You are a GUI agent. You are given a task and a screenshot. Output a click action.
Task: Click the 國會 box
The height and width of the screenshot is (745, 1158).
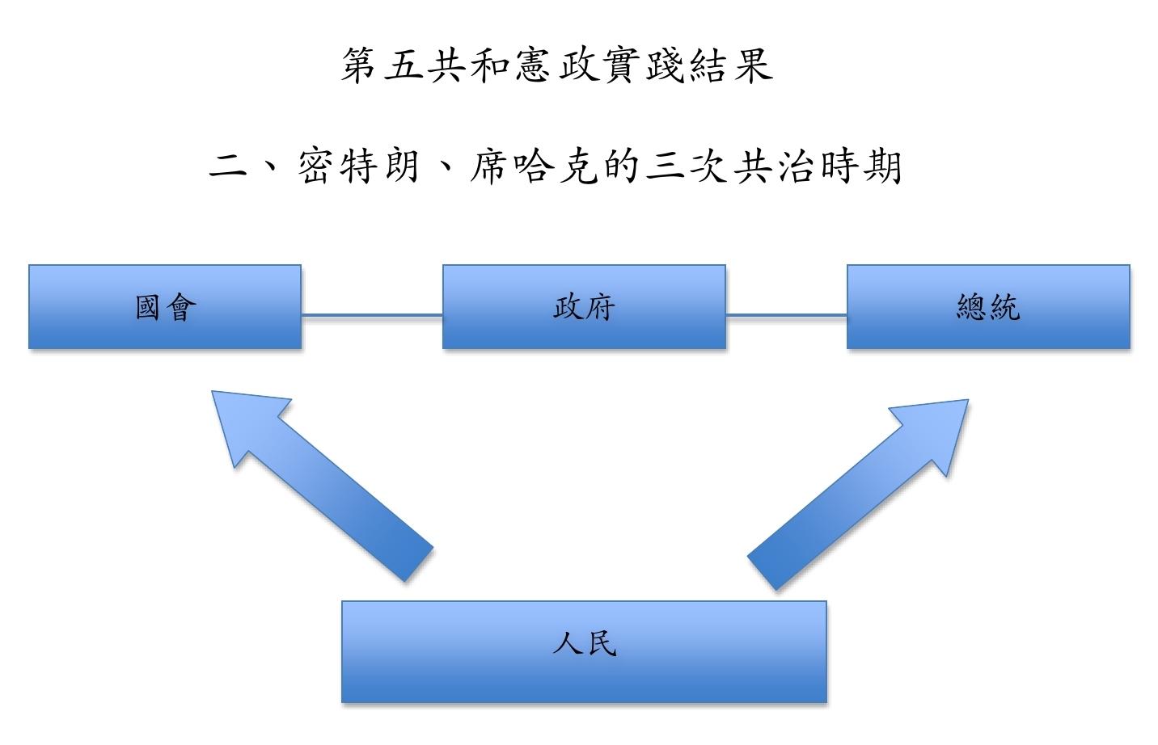[x=165, y=307]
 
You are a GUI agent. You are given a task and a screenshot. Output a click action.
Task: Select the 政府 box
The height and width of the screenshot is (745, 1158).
[x=584, y=307]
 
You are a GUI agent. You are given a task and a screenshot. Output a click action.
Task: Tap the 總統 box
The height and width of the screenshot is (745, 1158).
[x=988, y=307]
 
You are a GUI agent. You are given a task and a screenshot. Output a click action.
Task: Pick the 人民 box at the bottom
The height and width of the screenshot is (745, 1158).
[x=584, y=651]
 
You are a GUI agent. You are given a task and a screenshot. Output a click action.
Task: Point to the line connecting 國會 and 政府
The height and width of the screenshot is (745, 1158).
[x=372, y=314]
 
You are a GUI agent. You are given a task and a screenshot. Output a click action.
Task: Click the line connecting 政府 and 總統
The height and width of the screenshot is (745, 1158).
[x=786, y=314]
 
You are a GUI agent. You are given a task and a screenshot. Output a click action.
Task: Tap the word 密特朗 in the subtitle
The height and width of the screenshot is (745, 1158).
[x=358, y=166]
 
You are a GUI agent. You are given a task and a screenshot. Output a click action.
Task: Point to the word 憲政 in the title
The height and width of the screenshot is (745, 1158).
[x=556, y=65]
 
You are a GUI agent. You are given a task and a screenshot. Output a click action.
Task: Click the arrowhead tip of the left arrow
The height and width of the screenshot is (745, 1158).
[x=214, y=394]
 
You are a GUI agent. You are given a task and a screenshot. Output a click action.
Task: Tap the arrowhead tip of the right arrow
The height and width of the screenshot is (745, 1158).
[x=966, y=402]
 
